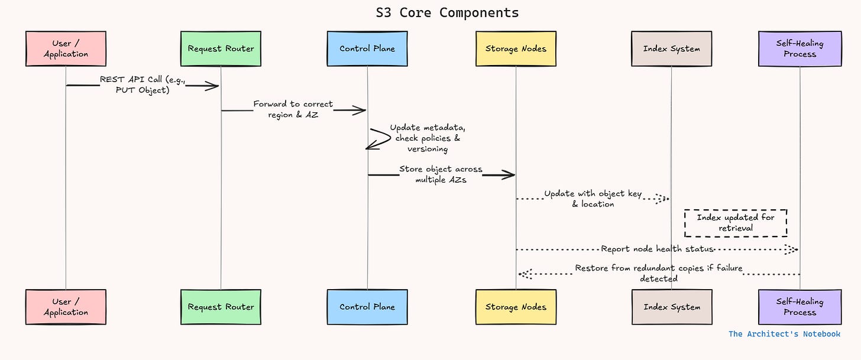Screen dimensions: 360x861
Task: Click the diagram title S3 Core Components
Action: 447,12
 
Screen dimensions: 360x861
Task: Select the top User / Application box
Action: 66,48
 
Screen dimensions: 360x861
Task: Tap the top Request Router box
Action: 221,48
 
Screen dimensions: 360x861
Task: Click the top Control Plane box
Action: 367,48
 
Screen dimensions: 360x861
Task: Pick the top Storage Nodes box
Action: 516,48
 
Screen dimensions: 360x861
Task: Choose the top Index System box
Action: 671,48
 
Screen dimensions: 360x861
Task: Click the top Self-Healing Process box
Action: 799,48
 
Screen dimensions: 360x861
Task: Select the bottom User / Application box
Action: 66,307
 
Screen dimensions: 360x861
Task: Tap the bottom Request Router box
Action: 221,307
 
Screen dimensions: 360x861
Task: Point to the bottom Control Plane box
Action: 367,307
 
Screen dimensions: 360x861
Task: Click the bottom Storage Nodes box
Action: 516,307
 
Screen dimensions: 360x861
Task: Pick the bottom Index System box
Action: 671,307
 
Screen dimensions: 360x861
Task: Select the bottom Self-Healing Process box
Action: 799,307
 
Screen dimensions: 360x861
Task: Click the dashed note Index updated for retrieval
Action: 735,223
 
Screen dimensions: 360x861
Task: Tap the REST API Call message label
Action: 143,85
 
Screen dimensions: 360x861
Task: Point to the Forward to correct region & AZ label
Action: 293,109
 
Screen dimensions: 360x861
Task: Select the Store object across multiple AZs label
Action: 441,174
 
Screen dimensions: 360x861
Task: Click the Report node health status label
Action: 657,249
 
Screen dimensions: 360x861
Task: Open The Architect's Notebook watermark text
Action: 784,334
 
